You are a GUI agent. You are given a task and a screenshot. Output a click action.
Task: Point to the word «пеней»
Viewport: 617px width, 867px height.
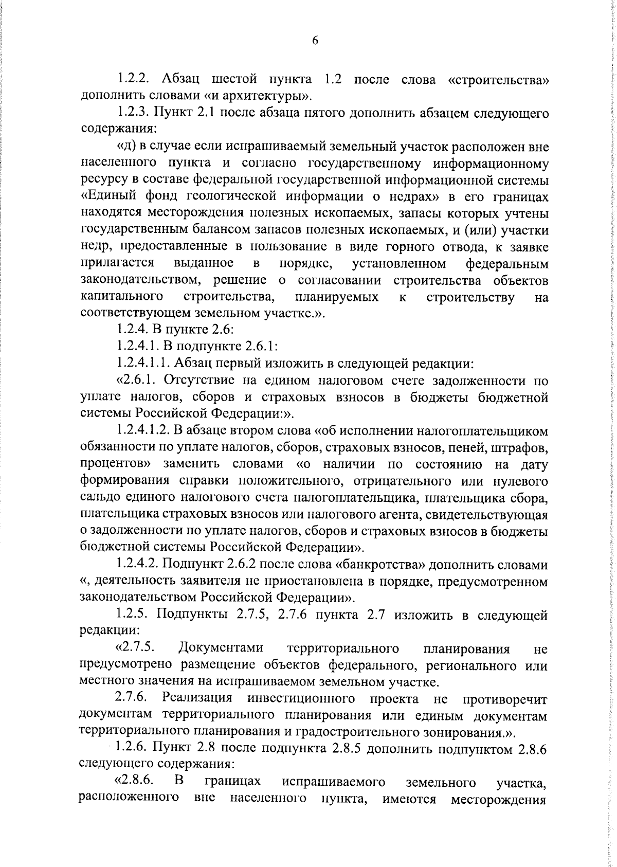pyautogui.click(x=484, y=447)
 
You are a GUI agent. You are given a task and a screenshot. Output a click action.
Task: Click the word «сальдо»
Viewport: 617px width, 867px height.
pyautogui.click(x=100, y=497)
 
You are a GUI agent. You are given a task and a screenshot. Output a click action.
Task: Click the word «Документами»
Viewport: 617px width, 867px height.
pyautogui.click(x=221, y=648)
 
